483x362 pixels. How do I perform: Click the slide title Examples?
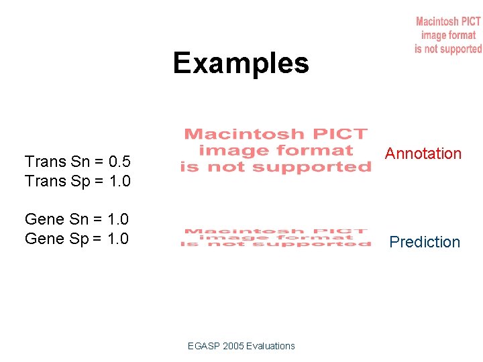(241, 64)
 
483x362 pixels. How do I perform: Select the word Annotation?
(423, 154)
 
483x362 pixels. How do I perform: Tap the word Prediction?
(425, 242)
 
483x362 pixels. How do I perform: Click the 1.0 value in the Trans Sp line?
(119, 181)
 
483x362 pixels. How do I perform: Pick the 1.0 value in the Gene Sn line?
(117, 219)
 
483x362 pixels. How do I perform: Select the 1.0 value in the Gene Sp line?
(117, 239)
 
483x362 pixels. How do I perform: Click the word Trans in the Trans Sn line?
(45, 162)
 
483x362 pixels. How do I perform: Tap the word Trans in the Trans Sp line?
(45, 181)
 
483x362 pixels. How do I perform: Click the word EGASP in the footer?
(202, 346)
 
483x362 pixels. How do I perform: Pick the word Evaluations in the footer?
(270, 346)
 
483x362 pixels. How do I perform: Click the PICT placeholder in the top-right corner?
(448, 36)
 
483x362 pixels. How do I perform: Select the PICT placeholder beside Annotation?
(276, 151)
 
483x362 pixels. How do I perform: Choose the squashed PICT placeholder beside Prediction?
(276, 238)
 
